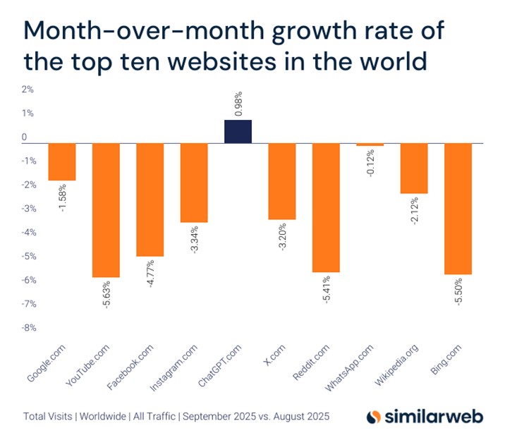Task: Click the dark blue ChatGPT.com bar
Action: coord(238,132)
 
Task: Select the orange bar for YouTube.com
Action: coord(106,209)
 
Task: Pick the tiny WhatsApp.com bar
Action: coord(370,145)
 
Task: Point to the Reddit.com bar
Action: coord(326,207)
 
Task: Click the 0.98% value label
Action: coord(238,103)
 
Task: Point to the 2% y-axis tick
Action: coord(28,90)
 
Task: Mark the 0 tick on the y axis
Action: coord(25,137)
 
